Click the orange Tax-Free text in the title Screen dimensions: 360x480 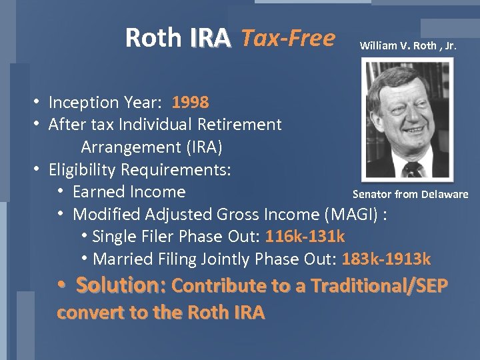287,39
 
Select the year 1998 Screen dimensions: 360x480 191,103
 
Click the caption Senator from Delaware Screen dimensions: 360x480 410,195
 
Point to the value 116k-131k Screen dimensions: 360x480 305,236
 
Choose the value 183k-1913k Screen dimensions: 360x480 386,259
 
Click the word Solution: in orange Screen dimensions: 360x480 122,285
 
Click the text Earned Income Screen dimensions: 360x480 129,192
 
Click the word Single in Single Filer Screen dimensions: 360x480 114,236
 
